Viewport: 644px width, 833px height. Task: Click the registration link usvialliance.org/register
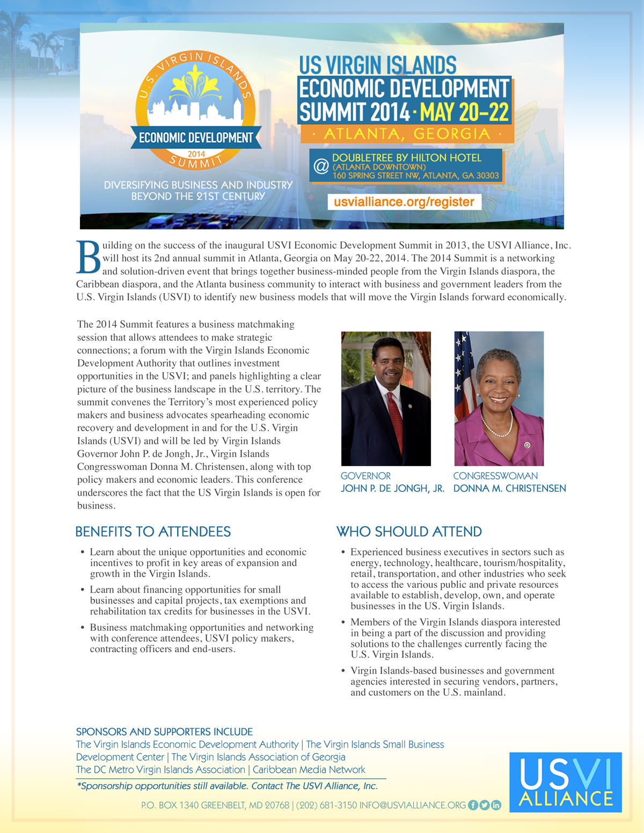click(x=404, y=202)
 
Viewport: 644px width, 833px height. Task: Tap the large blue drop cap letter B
click(x=89, y=257)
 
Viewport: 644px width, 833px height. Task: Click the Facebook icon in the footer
click(x=473, y=805)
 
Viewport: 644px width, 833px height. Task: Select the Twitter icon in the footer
click(x=484, y=805)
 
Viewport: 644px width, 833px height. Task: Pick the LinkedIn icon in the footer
click(x=496, y=805)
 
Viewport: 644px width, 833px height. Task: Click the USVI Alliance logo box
click(x=565, y=782)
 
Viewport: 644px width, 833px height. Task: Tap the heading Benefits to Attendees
click(x=153, y=532)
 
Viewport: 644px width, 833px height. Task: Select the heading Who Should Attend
click(x=409, y=532)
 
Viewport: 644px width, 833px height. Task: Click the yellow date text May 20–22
click(x=464, y=113)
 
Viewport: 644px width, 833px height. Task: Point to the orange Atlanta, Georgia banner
click(x=407, y=134)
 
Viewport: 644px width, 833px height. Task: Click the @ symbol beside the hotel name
click(x=321, y=166)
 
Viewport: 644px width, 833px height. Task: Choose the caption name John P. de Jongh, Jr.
click(x=392, y=489)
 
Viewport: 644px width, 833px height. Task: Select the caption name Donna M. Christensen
click(x=509, y=489)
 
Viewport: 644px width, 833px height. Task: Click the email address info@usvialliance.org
click(x=412, y=805)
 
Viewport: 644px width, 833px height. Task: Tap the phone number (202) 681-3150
click(x=326, y=805)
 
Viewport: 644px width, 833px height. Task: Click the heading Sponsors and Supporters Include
click(x=164, y=732)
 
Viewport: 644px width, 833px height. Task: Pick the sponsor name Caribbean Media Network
click(x=309, y=770)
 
